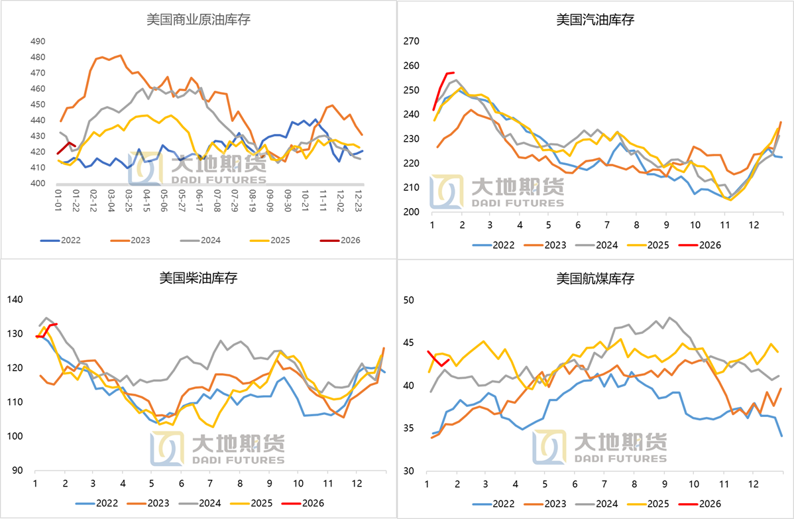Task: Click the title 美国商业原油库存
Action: pyautogui.click(x=198, y=19)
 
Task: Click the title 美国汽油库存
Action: pyautogui.click(x=595, y=19)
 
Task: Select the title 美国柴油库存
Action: pyautogui.click(x=198, y=278)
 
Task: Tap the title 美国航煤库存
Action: pyautogui.click(x=595, y=278)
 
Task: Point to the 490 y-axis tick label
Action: pyautogui.click(x=38, y=41)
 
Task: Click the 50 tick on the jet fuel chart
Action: pyautogui.click(x=409, y=300)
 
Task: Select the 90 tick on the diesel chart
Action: pyautogui.click(x=16, y=471)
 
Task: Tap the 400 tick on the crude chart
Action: pyautogui.click(x=38, y=184)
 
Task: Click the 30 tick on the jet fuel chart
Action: pyautogui.click(x=409, y=471)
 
